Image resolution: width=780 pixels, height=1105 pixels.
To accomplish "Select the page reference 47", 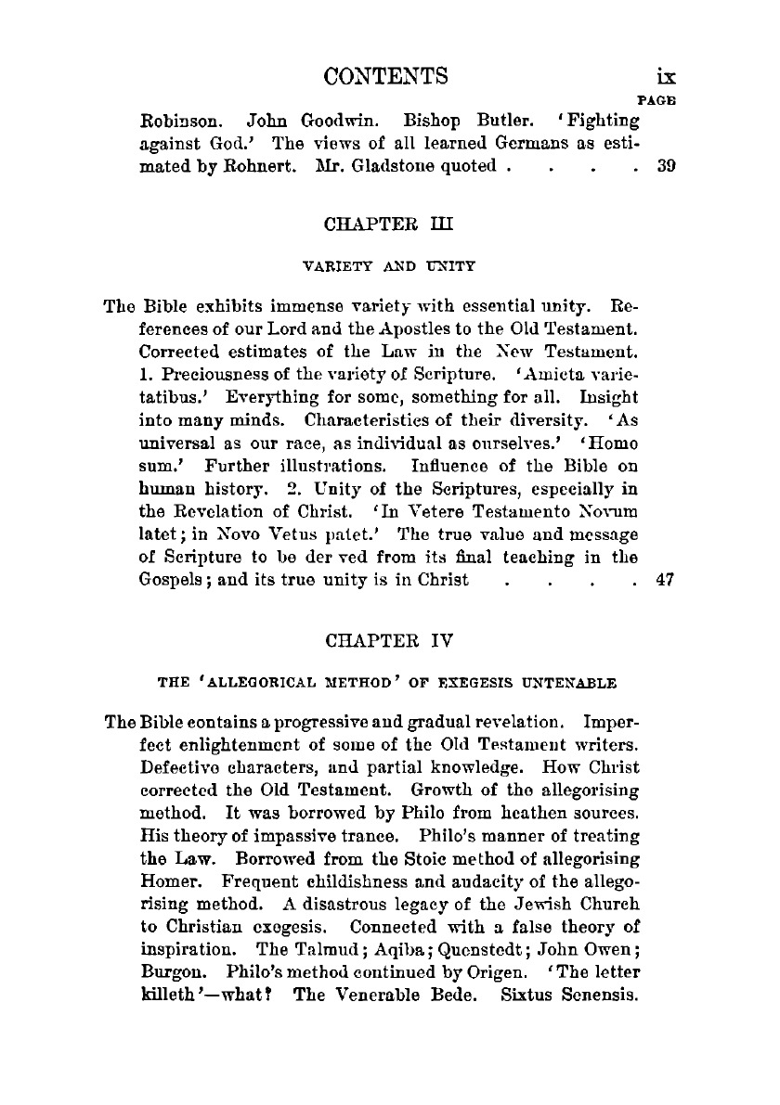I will [664, 581].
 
